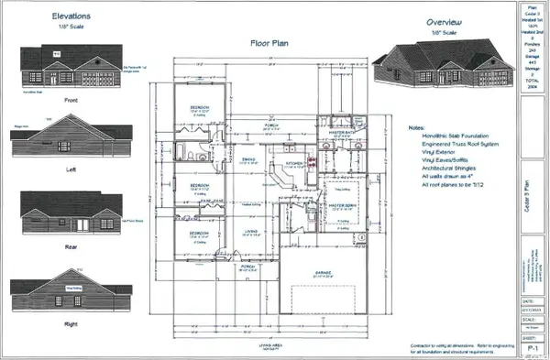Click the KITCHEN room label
295,163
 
